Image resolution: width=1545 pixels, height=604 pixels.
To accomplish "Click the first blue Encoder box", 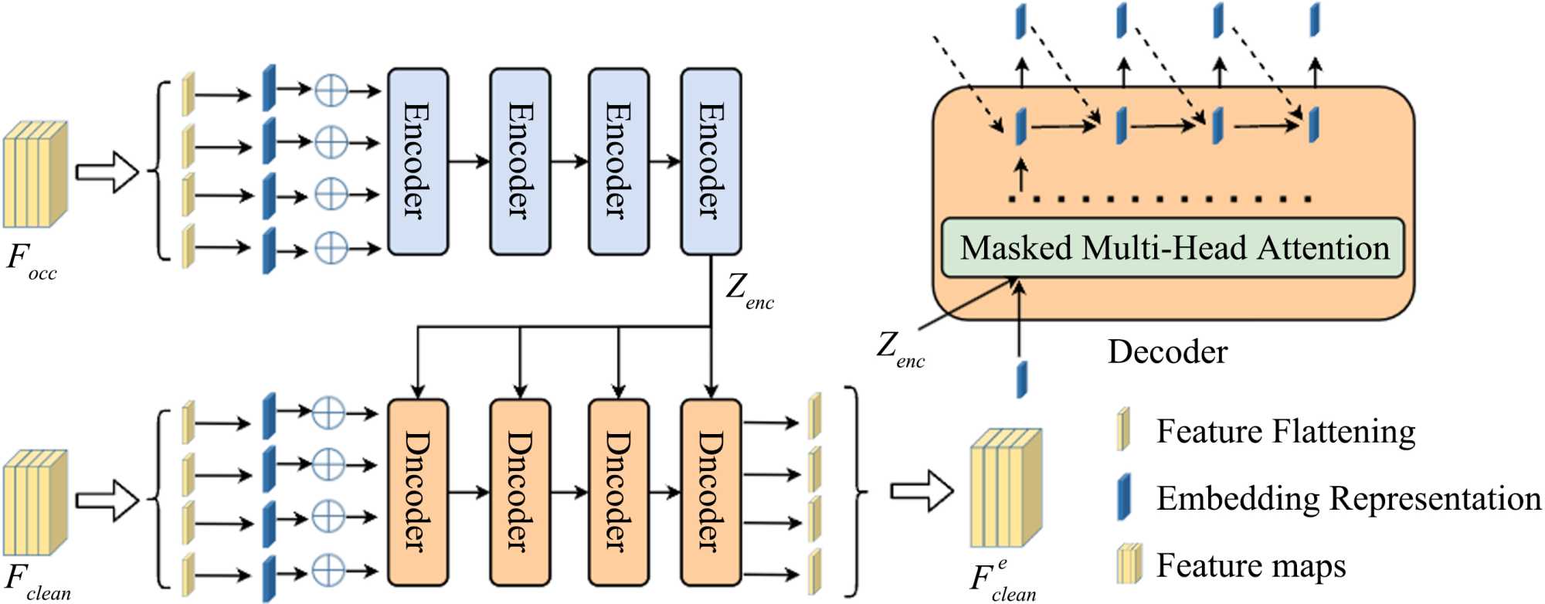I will pos(417,161).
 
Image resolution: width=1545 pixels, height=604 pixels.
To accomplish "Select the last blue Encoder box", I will pos(711,161).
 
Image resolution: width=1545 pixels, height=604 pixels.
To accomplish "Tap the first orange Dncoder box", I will pos(417,492).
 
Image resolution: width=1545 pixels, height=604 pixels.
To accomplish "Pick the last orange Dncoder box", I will pos(711,492).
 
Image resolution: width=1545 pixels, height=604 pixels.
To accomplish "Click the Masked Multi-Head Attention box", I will pos(1173,248).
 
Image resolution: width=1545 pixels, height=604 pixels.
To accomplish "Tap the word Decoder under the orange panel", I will pos(1167,352).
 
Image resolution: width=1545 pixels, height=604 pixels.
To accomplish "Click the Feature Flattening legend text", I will pos(1285,431).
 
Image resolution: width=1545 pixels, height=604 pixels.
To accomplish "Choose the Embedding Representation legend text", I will pos(1348,498).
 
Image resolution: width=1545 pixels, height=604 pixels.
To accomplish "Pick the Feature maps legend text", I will pos(1251,565).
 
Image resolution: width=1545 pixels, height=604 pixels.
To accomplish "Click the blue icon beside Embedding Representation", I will pos(1124,497).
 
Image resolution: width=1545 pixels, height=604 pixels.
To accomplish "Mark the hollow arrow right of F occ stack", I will pos(107,171).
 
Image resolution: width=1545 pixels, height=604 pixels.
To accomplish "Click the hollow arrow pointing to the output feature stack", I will pos(922,490).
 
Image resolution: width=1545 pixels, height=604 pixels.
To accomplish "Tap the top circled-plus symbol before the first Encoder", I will pos(331,91).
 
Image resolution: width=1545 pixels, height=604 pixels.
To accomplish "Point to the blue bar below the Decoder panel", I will pos(1021,378).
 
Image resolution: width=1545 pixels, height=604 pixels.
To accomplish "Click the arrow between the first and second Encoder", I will pos(469,161).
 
